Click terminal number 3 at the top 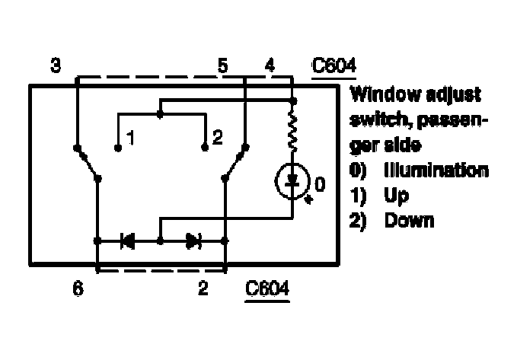point(56,67)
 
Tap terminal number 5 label point(223,67)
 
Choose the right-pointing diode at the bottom point(192,241)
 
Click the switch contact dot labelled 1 point(118,148)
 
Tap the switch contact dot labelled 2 point(204,148)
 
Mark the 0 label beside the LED point(320,183)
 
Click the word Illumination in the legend point(436,170)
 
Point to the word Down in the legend point(409,221)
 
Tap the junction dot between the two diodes point(160,241)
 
